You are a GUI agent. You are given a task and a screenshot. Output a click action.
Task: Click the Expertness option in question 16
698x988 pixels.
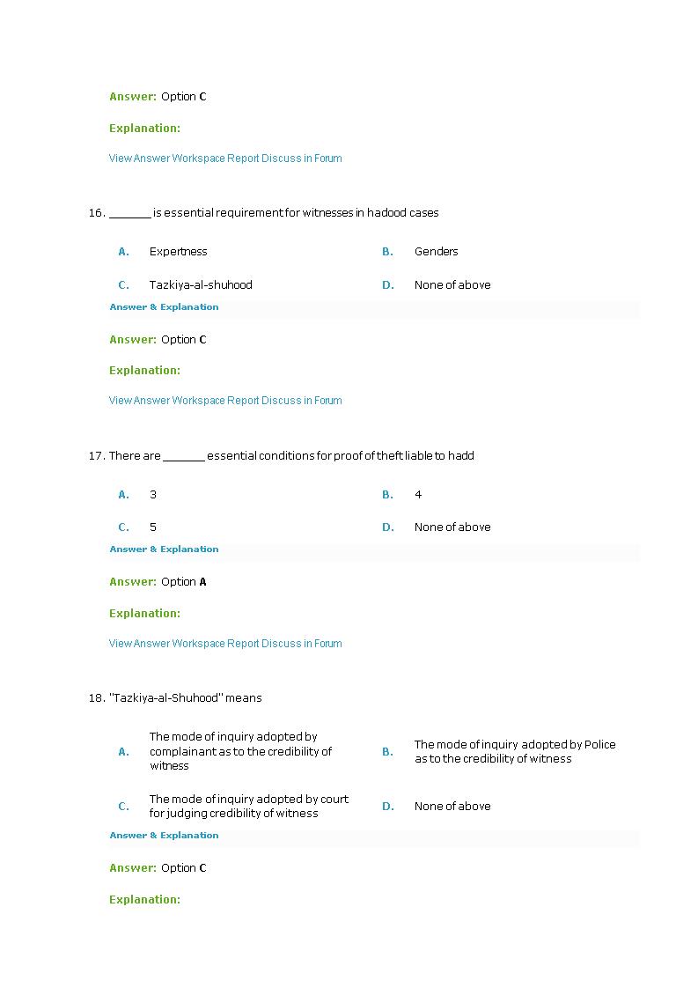(x=178, y=252)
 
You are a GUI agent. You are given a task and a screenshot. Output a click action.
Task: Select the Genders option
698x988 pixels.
(x=436, y=252)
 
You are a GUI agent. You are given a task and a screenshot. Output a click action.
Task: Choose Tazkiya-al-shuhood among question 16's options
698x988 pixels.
(x=201, y=285)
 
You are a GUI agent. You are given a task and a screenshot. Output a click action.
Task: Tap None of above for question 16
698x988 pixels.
(x=452, y=285)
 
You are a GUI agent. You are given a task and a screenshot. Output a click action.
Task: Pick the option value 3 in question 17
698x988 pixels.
(x=153, y=495)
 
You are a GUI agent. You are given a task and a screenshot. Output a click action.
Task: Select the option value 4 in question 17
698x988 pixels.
(x=418, y=495)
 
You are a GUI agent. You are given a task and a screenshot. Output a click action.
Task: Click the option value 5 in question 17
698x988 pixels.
(x=153, y=527)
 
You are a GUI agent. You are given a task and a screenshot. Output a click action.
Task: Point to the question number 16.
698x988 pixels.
(x=96, y=213)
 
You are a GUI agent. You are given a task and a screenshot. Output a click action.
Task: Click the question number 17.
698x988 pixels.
(x=96, y=456)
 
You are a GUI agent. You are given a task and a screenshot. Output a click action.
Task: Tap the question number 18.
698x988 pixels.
(x=96, y=698)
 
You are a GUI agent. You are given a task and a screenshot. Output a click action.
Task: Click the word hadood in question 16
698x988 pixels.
(x=386, y=213)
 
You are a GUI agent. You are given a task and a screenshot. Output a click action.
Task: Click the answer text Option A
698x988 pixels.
(x=183, y=582)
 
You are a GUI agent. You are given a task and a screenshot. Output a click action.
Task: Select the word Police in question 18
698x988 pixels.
(x=599, y=745)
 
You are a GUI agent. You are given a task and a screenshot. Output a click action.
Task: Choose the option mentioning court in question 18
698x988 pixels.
(x=248, y=807)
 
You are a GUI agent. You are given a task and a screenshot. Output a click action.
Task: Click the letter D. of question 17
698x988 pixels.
(x=387, y=527)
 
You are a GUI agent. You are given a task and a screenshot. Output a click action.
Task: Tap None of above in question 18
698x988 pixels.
(x=452, y=807)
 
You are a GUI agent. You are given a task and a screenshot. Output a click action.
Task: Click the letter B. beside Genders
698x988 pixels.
(x=387, y=252)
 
